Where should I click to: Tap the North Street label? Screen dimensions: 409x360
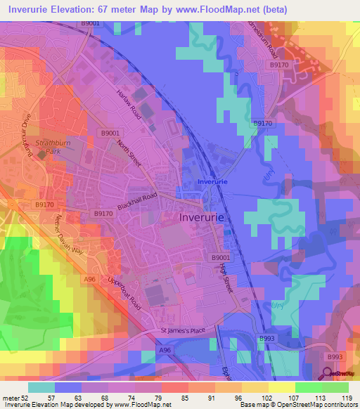130,153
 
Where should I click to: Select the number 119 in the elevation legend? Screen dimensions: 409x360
346,398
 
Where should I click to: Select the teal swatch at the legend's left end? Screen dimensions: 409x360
41,387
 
